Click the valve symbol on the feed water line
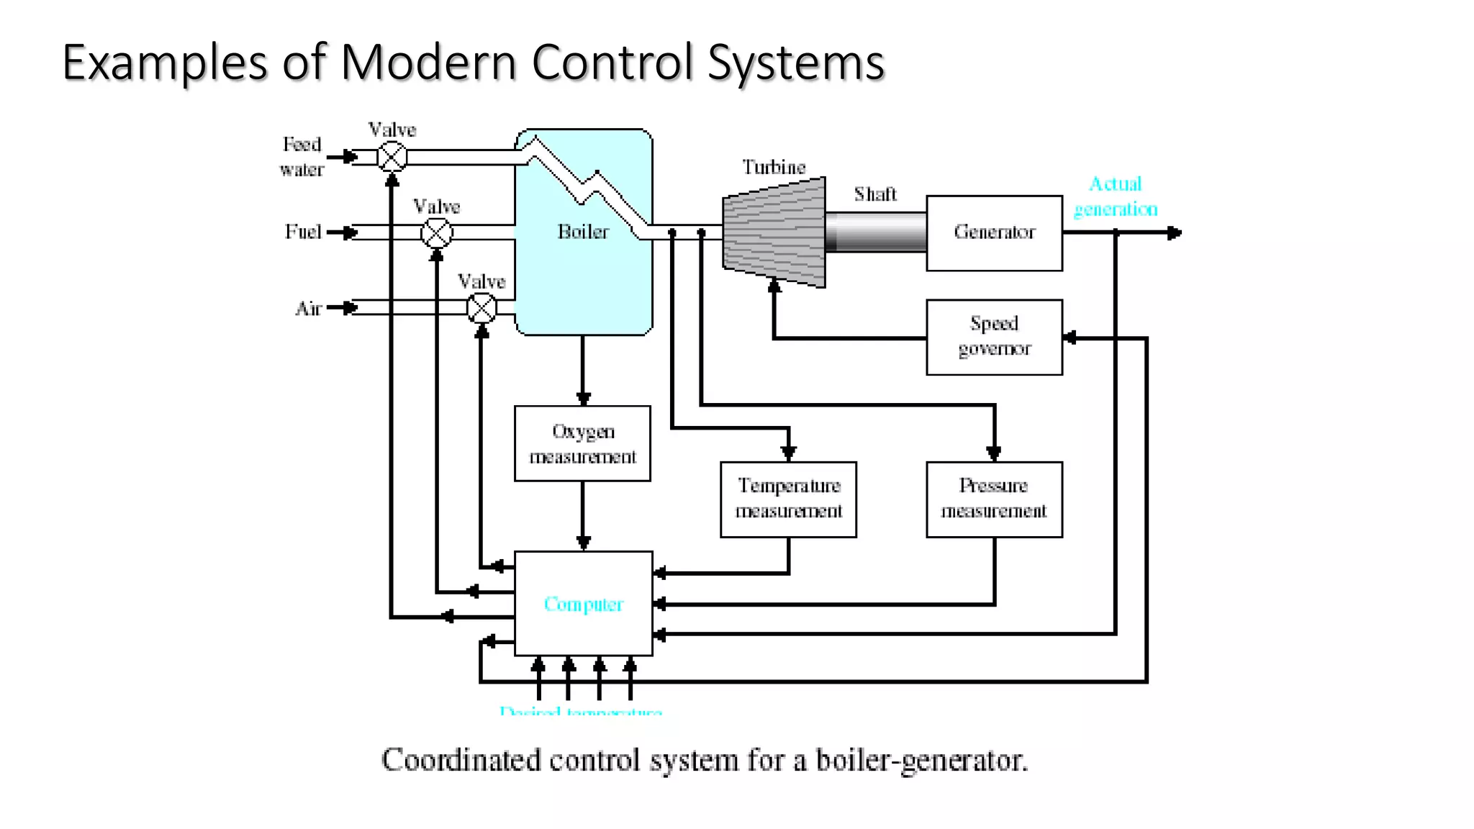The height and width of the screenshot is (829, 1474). pyautogui.click(x=392, y=156)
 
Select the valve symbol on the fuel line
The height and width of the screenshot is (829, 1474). pyautogui.click(x=437, y=232)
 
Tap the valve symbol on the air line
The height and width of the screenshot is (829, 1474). pyautogui.click(x=481, y=309)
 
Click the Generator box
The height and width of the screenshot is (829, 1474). pyautogui.click(x=994, y=232)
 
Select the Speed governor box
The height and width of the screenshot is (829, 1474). pyautogui.click(x=994, y=337)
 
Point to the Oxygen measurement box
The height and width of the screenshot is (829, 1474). pyautogui.click(x=582, y=443)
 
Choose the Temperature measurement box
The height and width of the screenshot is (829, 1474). pyautogui.click(x=788, y=499)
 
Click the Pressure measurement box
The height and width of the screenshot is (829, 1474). pyautogui.click(x=994, y=499)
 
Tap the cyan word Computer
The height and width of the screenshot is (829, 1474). pyautogui.click(x=583, y=604)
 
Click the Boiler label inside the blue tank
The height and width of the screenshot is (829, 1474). pyautogui.click(x=583, y=232)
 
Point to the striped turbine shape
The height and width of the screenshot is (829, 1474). pyautogui.click(x=774, y=232)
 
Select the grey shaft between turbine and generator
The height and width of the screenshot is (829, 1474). pyautogui.click(x=875, y=232)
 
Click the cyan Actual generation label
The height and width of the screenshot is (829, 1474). pyautogui.click(x=1116, y=196)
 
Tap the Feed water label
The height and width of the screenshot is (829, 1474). pyautogui.click(x=302, y=157)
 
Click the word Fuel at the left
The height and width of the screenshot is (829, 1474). pyautogui.click(x=303, y=232)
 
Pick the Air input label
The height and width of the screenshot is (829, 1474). pyautogui.click(x=308, y=309)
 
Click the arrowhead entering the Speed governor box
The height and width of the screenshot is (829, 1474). pyautogui.click(x=1070, y=338)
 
